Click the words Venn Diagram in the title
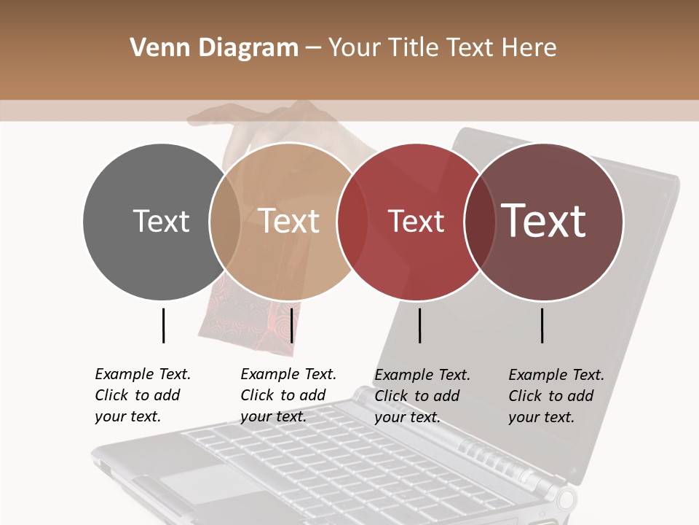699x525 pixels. click(x=214, y=48)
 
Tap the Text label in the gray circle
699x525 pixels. click(x=161, y=221)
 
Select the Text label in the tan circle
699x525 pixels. click(x=289, y=221)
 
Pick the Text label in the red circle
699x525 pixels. click(x=416, y=221)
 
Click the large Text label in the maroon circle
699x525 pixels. click(x=544, y=221)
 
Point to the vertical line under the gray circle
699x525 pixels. click(x=164, y=325)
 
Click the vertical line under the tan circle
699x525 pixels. click(x=292, y=325)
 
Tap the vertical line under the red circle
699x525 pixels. click(x=420, y=325)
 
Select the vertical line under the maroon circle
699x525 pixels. click(x=542, y=325)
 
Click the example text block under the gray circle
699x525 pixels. click(x=143, y=395)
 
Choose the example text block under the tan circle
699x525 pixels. click(x=288, y=395)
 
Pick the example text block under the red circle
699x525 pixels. click(x=422, y=396)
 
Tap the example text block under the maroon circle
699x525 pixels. click(x=556, y=396)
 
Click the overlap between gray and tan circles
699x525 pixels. click(x=225, y=221)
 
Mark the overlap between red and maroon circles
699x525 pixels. click(x=478, y=221)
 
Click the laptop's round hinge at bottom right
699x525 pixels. click(x=565, y=500)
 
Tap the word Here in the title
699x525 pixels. click(x=529, y=48)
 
